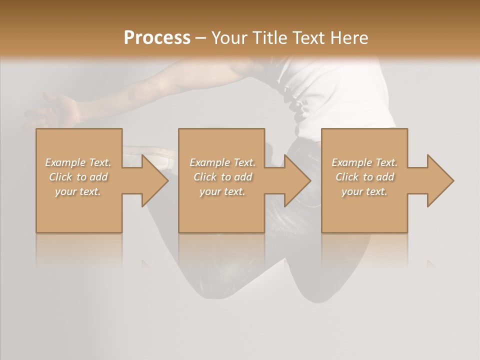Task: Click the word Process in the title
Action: click(x=157, y=37)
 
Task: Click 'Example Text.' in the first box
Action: click(x=78, y=162)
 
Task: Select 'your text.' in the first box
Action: click(x=78, y=191)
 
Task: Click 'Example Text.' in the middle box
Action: click(x=222, y=162)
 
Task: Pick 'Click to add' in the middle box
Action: click(x=222, y=177)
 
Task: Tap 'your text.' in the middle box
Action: click(x=222, y=191)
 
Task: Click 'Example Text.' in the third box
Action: click(x=364, y=162)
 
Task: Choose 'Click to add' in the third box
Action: click(x=364, y=177)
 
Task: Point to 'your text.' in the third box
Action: click(x=364, y=191)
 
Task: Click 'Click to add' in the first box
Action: click(x=78, y=177)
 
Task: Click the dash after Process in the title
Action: click(x=201, y=38)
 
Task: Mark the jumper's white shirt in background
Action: click(x=345, y=90)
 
